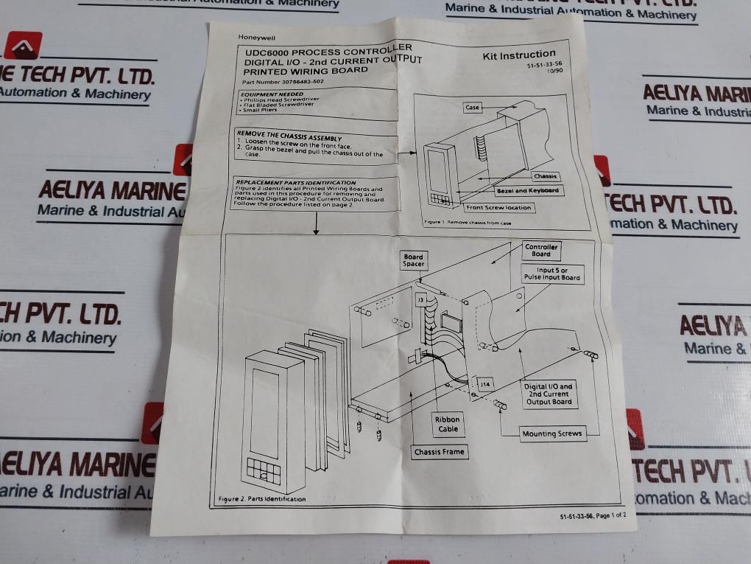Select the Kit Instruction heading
(x=518, y=55)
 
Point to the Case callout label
(x=473, y=108)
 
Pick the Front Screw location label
(x=499, y=208)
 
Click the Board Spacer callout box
(x=413, y=261)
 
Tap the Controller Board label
(x=541, y=251)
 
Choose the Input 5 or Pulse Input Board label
(x=551, y=274)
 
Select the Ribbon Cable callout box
(x=448, y=424)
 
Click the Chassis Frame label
(x=440, y=452)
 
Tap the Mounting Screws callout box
(x=551, y=434)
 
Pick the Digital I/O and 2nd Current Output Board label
(x=549, y=394)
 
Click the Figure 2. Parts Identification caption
(x=262, y=499)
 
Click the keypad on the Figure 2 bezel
(x=264, y=470)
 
